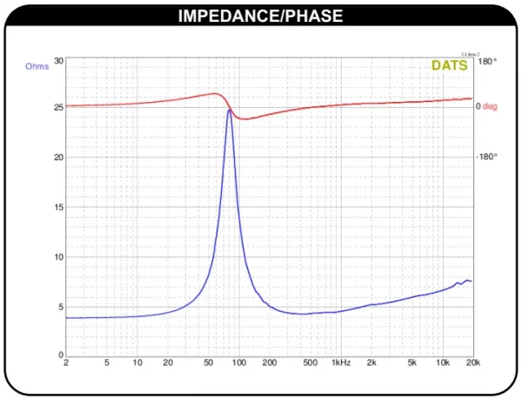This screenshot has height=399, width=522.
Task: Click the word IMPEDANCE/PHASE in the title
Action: point(260,16)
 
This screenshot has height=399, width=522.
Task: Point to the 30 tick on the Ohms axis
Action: point(58,61)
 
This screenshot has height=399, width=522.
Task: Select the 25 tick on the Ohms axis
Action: point(58,108)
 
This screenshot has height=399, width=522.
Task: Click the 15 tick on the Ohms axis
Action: point(58,207)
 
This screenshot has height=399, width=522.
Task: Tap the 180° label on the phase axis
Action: point(487,61)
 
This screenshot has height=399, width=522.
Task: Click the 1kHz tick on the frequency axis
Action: point(341,363)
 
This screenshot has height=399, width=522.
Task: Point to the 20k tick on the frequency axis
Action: point(472,363)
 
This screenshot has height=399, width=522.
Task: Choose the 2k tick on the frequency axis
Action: point(371,363)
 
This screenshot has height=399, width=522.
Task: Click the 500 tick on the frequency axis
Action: point(308,363)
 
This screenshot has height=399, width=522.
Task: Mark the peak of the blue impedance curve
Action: point(229,111)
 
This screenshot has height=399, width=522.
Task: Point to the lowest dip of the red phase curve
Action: point(245,118)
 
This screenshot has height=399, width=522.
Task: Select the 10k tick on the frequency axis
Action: point(444,363)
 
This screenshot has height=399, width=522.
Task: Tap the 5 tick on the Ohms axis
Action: point(61,307)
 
